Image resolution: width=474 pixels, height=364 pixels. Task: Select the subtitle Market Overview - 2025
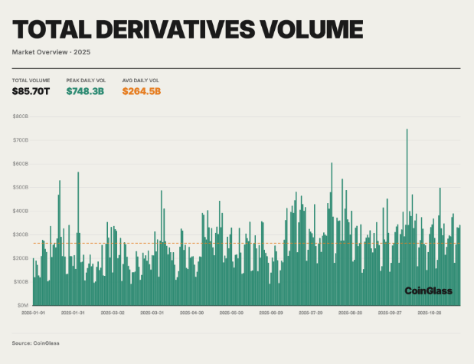pos(51,52)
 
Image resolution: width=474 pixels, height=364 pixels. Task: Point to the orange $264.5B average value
pos(142,91)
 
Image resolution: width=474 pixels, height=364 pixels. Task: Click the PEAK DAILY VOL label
pos(86,80)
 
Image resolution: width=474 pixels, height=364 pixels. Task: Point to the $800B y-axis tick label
pos(21,116)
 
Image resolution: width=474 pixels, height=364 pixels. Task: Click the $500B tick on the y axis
pos(21,187)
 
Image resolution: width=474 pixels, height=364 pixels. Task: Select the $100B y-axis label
pos(21,281)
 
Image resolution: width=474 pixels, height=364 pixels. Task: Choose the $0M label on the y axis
pos(22,305)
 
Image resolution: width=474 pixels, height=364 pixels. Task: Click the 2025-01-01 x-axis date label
pos(32,313)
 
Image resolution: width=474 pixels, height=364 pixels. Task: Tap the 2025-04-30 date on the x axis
pos(191,313)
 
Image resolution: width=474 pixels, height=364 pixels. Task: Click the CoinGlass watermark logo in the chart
pos(428,291)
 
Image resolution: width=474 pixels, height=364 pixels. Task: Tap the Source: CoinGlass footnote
pos(35,343)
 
